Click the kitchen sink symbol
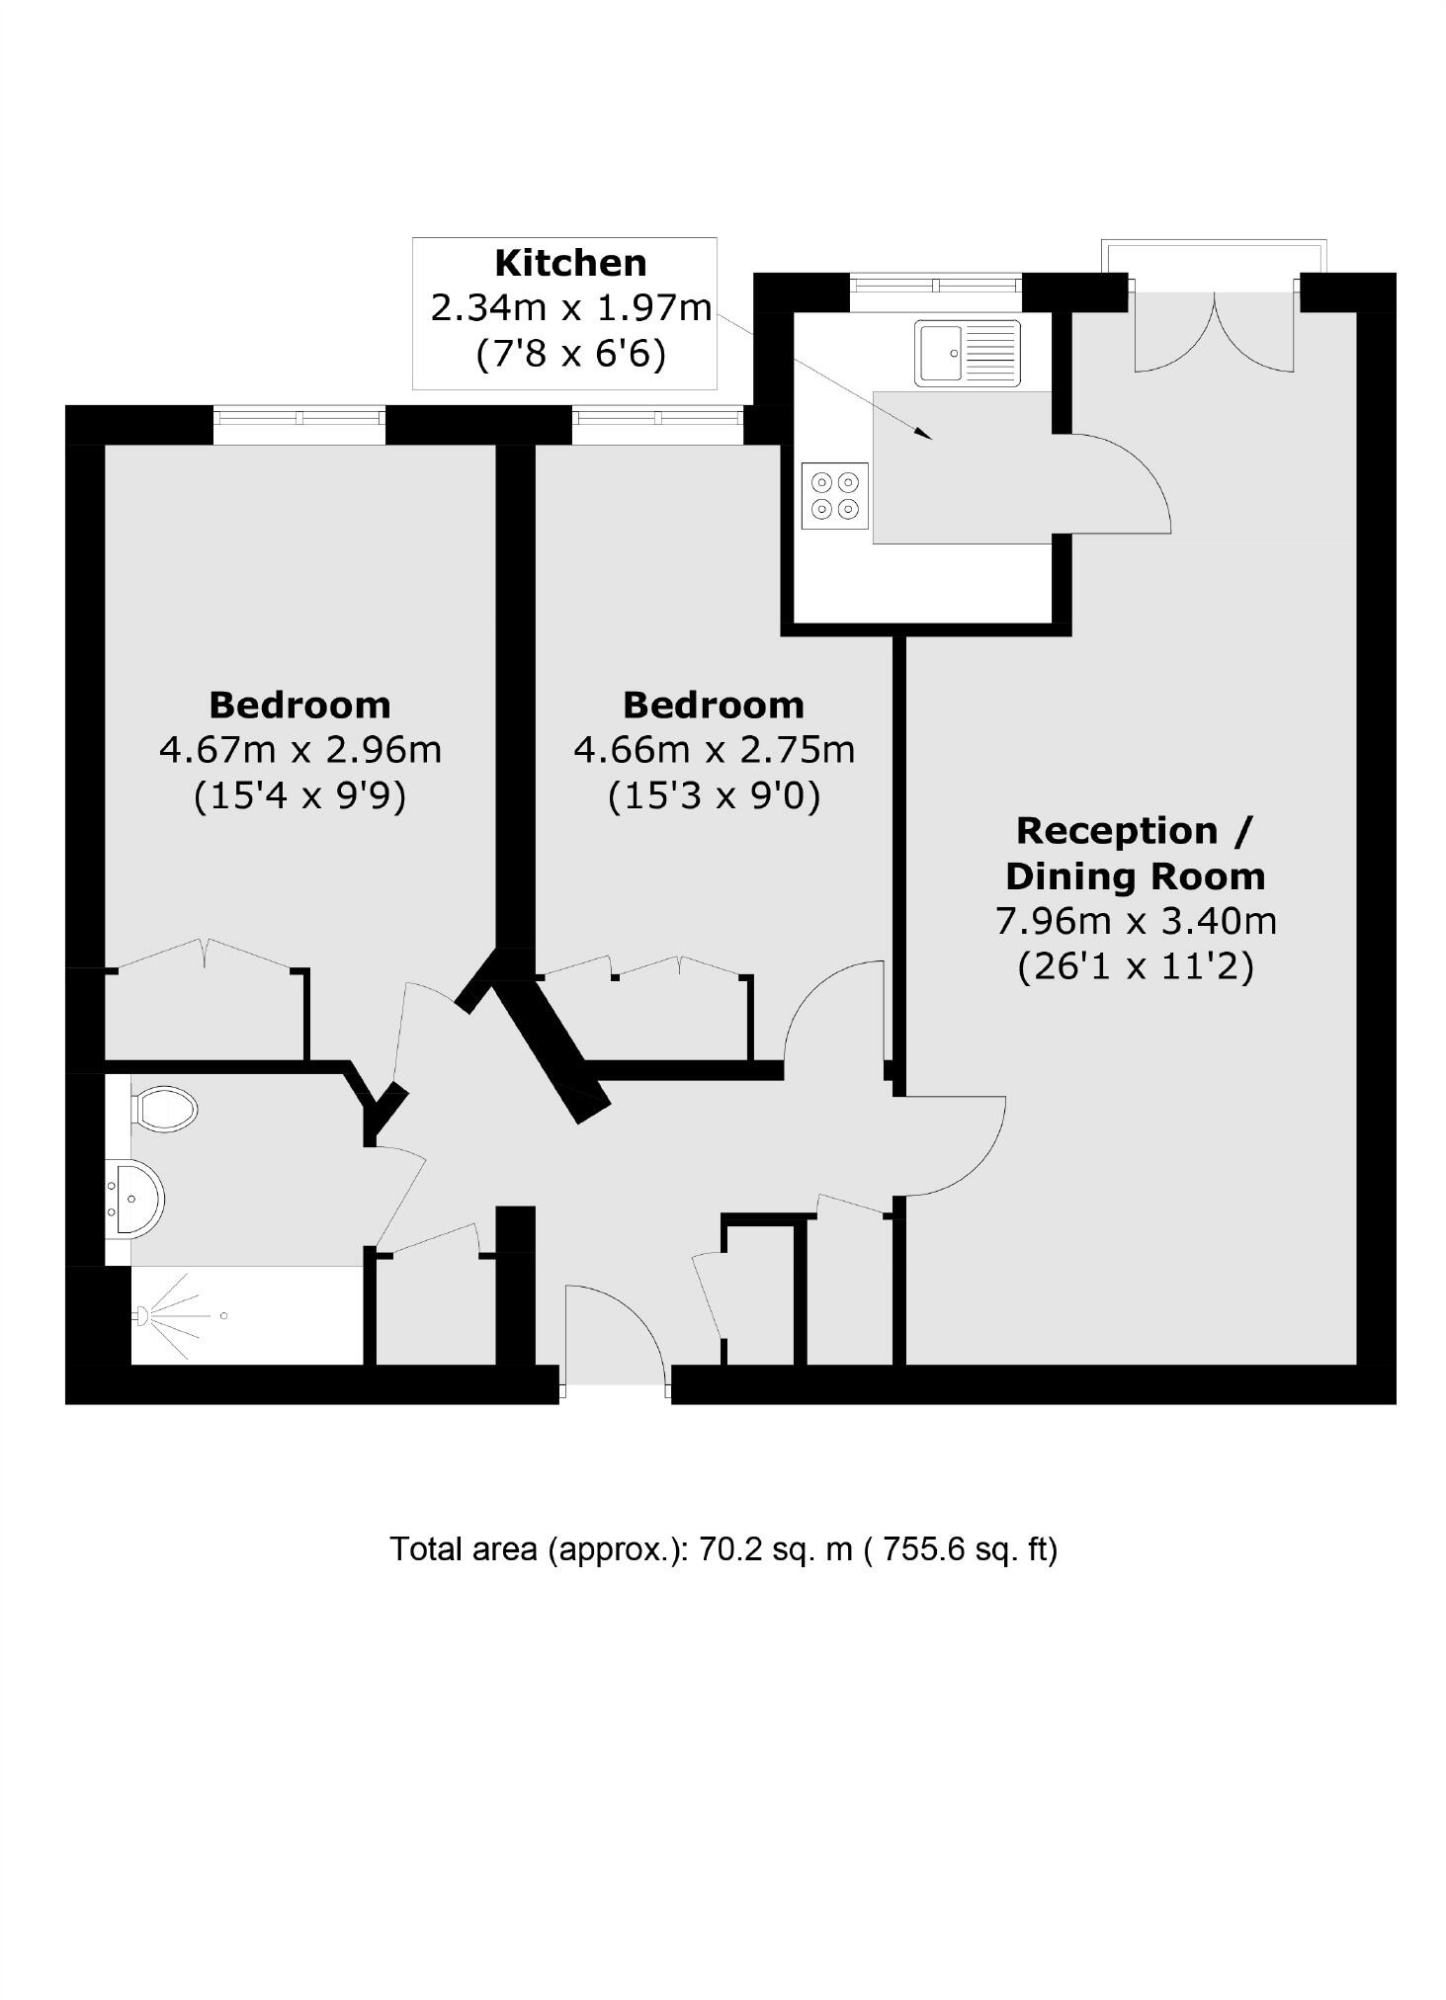point(967,353)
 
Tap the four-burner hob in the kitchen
point(835,496)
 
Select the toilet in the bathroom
point(164,1109)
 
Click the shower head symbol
point(142,1315)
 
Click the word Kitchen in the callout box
point(570,263)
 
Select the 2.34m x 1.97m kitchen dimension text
point(570,307)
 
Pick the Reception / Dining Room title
point(1135,853)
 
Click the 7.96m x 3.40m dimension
point(1135,921)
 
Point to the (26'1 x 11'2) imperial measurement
point(1135,965)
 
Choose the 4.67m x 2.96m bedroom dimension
point(299,750)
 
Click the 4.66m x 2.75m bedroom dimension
point(714,750)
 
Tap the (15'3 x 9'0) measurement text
point(714,795)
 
